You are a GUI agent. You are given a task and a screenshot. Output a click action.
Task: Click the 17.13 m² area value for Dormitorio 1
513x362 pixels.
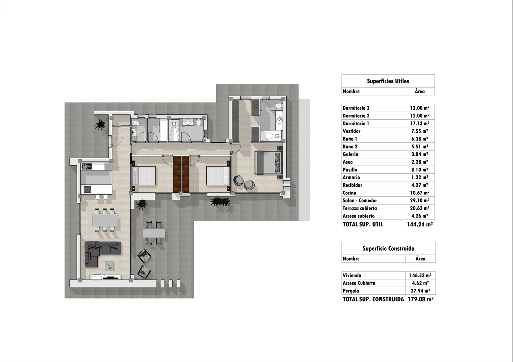tap(419, 123)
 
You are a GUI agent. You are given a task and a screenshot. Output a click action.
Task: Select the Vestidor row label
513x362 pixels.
tap(352, 131)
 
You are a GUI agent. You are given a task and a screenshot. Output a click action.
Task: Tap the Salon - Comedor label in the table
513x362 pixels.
tap(360, 200)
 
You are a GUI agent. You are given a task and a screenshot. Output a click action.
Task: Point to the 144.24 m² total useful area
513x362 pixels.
tap(420, 224)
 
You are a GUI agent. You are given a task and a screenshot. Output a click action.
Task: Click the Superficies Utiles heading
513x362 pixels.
tap(388, 81)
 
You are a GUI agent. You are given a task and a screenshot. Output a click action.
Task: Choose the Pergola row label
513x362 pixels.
tap(351, 291)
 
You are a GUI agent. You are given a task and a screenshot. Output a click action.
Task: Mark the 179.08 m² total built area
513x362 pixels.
tap(420, 299)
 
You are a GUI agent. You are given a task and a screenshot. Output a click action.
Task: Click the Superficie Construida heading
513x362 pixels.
tap(388, 248)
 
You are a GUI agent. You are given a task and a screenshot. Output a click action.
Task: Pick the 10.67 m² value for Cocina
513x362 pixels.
tap(419, 193)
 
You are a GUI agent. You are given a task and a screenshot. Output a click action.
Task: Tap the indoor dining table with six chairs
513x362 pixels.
tap(105, 220)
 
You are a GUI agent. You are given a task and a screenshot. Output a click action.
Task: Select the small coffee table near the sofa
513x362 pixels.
tap(109, 265)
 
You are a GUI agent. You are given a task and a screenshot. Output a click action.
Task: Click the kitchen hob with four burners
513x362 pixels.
tap(87, 189)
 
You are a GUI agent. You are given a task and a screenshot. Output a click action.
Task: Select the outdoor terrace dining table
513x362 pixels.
tap(154, 232)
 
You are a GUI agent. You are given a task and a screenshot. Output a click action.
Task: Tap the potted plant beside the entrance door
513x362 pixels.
tap(100, 125)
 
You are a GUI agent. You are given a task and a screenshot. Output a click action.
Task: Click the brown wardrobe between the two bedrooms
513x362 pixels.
tap(181, 174)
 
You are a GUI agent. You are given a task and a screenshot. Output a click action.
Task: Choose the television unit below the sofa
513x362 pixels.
tap(105, 277)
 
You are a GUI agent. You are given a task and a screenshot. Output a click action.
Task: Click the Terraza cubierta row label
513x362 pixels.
tap(360, 208)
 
